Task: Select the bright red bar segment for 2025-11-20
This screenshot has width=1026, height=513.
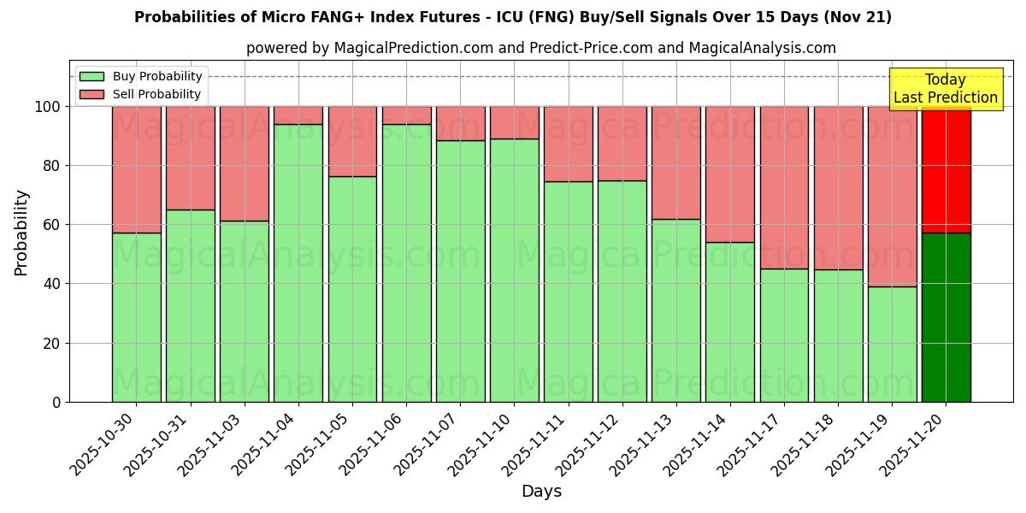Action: (946, 169)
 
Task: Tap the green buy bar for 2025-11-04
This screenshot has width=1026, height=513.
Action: (298, 262)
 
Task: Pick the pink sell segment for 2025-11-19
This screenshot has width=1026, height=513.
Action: (892, 197)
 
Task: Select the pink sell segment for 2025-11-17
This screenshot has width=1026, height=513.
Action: (784, 188)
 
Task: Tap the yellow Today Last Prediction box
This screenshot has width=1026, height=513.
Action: (945, 89)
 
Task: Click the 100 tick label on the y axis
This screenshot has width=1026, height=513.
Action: (48, 107)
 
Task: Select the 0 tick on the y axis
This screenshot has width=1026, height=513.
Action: (56, 402)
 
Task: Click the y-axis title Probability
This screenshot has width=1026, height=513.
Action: (21, 233)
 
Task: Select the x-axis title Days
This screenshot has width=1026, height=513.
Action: (541, 492)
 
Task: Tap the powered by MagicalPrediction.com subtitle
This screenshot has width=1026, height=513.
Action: (541, 48)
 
